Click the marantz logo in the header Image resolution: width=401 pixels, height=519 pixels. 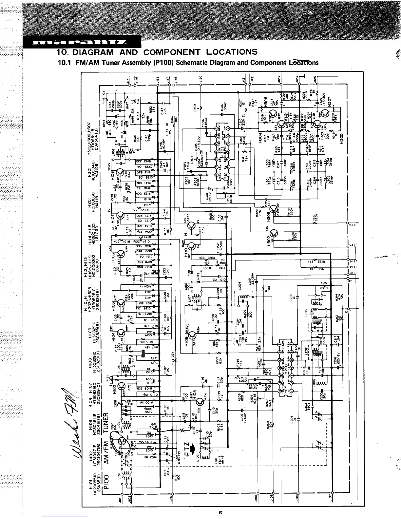(82, 42)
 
